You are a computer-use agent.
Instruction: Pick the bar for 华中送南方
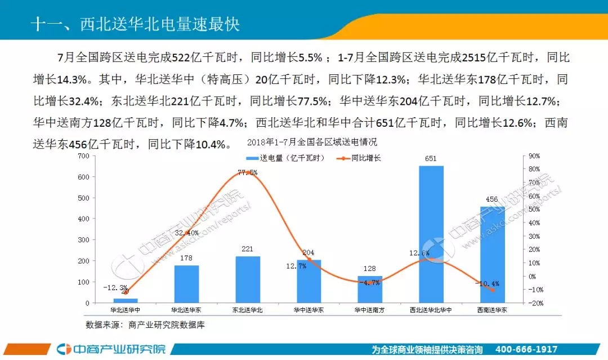tap(370, 290)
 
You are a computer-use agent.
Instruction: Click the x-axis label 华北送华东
tap(186, 310)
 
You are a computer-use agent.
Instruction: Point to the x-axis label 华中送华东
tap(309, 310)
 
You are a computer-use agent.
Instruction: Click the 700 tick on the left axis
tap(82, 155)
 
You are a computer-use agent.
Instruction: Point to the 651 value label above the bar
tap(431, 159)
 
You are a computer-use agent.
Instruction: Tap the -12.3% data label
tap(115, 288)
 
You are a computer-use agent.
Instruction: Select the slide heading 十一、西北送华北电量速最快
tap(135, 25)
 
